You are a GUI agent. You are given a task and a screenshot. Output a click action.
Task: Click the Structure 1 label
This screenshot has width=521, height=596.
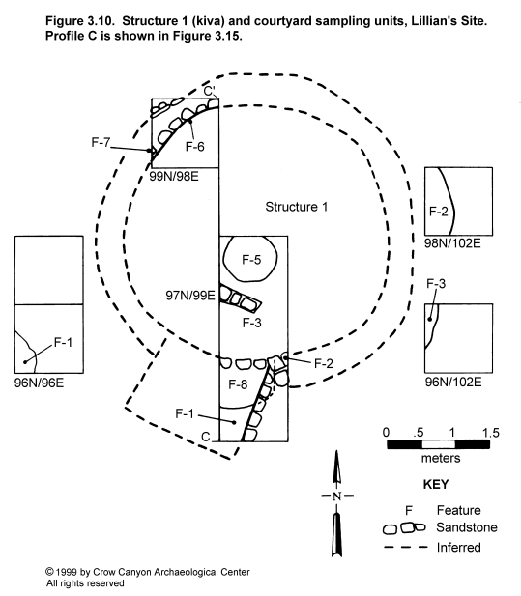[296, 207]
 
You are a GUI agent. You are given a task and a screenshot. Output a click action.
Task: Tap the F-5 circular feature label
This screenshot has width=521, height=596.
[251, 260]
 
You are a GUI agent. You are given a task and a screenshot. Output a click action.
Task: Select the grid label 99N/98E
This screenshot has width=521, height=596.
[174, 177]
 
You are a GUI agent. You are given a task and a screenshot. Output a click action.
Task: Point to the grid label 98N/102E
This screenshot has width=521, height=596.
[452, 243]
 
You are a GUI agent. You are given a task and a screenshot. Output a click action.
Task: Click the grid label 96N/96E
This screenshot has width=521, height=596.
[40, 383]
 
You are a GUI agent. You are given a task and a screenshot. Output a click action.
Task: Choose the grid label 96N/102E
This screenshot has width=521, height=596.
[453, 382]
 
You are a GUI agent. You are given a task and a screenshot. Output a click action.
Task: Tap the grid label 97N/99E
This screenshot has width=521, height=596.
[190, 295]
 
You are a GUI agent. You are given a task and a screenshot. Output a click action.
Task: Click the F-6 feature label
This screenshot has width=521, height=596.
[194, 146]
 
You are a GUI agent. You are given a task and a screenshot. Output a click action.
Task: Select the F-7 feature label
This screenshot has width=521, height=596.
[101, 142]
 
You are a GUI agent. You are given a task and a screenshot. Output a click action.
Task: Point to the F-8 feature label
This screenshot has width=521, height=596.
[238, 384]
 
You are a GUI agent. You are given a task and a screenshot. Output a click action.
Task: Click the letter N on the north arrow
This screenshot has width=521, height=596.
[336, 497]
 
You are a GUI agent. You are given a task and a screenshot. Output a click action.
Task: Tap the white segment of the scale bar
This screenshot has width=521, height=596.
[438, 444]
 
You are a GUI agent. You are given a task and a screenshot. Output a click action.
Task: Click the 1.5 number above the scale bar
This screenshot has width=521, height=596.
[491, 433]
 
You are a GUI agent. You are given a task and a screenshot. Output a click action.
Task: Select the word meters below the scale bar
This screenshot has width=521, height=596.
[441, 458]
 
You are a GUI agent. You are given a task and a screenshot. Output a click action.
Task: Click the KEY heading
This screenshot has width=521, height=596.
[436, 484]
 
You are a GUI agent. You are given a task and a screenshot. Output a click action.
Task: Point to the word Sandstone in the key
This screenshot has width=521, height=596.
[467, 527]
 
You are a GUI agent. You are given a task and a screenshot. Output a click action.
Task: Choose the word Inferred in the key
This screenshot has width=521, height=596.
[459, 548]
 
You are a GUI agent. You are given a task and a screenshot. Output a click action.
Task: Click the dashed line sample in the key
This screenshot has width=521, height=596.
[406, 547]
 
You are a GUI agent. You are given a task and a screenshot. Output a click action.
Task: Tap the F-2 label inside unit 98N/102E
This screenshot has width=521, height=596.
[439, 212]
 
